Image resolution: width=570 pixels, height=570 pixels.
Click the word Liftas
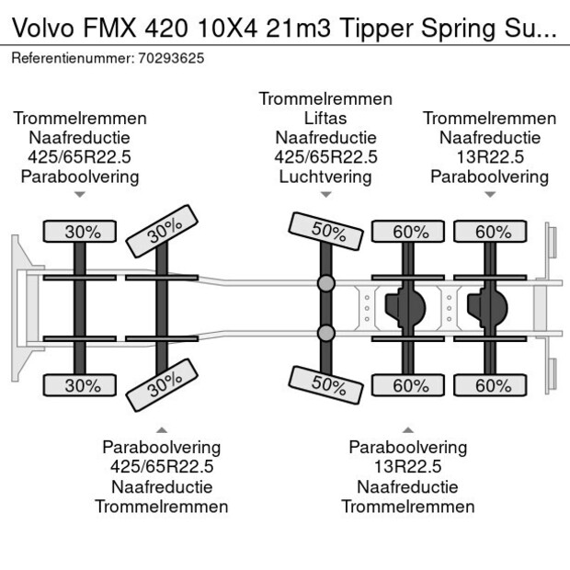tap(325, 118)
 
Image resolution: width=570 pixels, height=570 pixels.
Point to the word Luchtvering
tap(325, 177)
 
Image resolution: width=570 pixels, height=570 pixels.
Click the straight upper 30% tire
tap(82, 232)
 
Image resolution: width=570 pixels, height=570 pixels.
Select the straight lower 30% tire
tap(82, 386)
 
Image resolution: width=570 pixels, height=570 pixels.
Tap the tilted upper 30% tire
tap(163, 231)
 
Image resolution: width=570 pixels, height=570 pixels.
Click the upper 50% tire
tap(326, 233)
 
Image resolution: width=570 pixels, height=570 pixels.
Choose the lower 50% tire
tap(326, 384)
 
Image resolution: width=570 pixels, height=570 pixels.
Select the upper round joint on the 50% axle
tap(325, 283)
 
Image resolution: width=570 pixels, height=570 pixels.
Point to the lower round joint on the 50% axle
tap(325, 333)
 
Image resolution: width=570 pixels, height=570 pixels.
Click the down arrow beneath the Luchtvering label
tap(325, 195)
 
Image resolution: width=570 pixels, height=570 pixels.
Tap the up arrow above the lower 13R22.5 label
tap(407, 428)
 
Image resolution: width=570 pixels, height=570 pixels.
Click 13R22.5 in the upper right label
tap(489, 157)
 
